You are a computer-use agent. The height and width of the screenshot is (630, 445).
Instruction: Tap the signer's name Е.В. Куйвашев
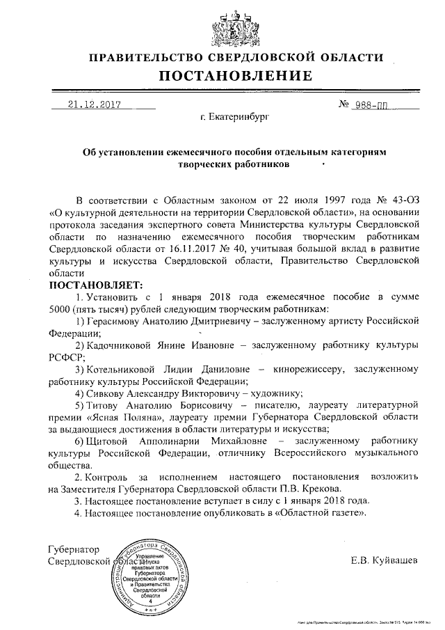[x=385, y=560]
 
